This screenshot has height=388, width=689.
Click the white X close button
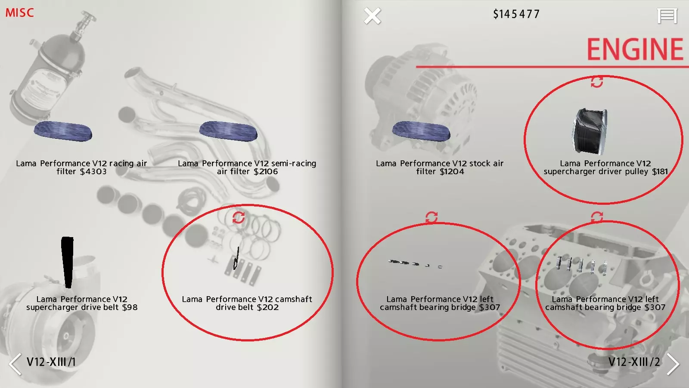coord(372,16)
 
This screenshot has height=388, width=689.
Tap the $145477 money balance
coord(516,14)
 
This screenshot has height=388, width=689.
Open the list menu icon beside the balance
coord(667,16)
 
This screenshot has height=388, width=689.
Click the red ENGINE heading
coord(635,49)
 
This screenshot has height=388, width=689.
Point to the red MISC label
coord(19,13)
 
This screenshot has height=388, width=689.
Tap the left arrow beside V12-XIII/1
coord(15,364)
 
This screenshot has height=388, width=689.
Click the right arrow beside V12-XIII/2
coord(673,364)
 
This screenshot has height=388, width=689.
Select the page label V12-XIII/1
coord(51,362)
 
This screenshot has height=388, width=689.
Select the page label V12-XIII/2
coord(634,362)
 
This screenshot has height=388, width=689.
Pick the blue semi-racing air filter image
coord(228,131)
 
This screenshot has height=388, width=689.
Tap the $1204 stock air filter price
coord(452,172)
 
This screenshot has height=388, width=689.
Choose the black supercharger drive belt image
coord(67,263)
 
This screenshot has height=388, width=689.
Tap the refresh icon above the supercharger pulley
coord(597,82)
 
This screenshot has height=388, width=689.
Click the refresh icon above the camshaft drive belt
coord(239,217)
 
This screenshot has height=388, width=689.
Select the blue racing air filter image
coord(63,131)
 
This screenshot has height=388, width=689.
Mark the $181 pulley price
coord(660,172)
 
